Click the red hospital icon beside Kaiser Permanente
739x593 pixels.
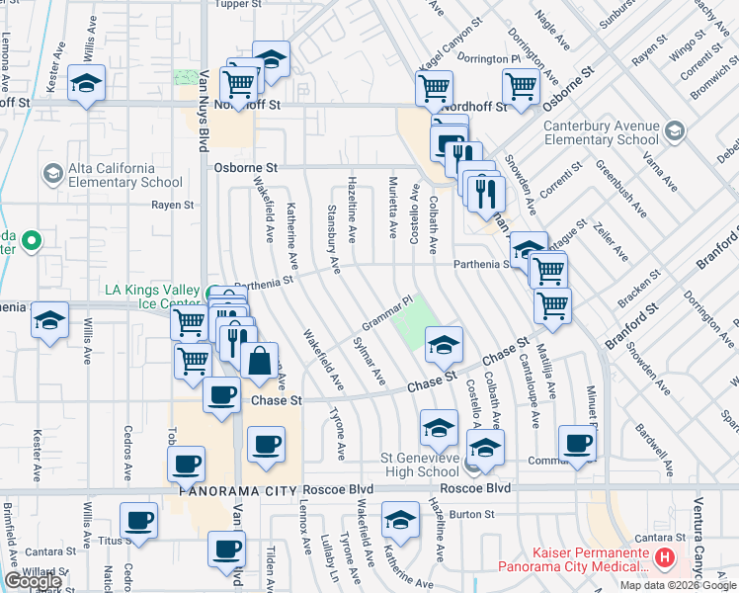click(x=665, y=558)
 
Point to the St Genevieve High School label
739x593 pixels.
click(x=421, y=465)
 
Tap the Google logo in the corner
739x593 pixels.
click(x=33, y=581)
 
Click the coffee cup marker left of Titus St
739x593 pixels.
click(x=138, y=521)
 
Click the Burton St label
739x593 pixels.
click(x=470, y=515)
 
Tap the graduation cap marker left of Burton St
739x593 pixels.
click(x=400, y=521)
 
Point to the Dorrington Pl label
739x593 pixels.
click(x=488, y=59)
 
